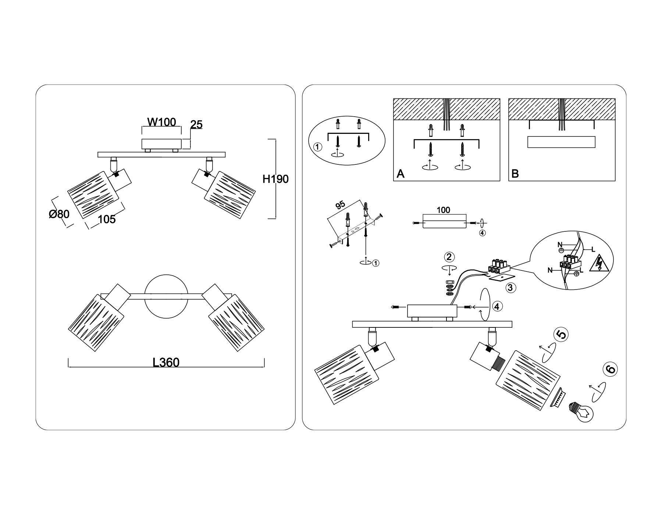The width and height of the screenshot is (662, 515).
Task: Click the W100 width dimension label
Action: pos(161,122)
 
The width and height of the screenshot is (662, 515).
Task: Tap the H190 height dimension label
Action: pos(275,179)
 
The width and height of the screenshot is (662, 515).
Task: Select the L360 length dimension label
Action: pos(166,363)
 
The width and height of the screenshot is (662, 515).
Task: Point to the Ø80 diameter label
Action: pos(59,214)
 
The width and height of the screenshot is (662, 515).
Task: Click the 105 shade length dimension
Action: pos(107,219)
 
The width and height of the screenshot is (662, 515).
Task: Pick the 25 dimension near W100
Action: pos(196,125)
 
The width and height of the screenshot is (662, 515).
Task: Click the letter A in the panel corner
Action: pos(401,174)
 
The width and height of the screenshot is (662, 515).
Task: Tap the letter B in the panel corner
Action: pos(515,174)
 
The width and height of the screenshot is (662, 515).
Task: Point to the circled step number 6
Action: pos(610,369)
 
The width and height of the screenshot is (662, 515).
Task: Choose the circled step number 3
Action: pos(510,287)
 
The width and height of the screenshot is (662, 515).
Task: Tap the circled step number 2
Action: pos(449,257)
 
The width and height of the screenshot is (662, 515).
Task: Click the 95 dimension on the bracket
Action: pos(340,205)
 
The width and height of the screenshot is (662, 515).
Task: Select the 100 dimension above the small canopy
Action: pos(443,210)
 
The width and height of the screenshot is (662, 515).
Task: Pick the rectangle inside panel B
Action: pos(561,142)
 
